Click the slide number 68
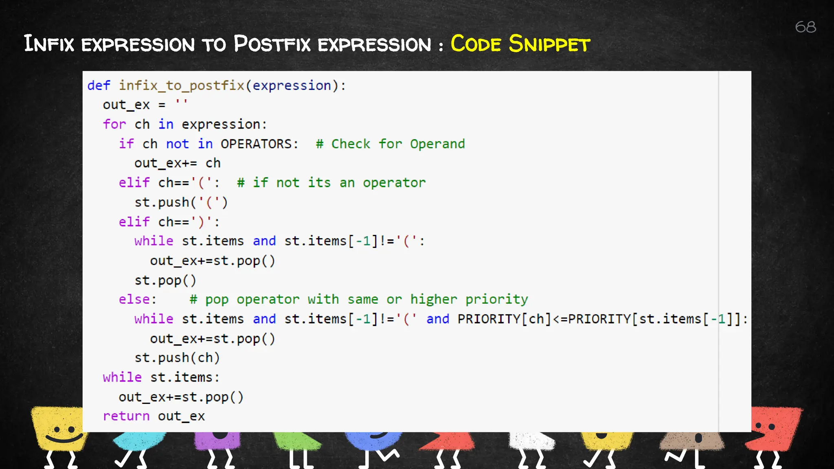coord(805,27)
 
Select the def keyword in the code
coord(99,85)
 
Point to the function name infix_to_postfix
coord(181,85)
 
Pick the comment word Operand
coord(437,144)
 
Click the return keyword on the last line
coord(126,416)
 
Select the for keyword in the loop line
coord(114,125)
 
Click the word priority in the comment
coord(496,300)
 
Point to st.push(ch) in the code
coord(177,358)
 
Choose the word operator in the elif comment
coord(394,183)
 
